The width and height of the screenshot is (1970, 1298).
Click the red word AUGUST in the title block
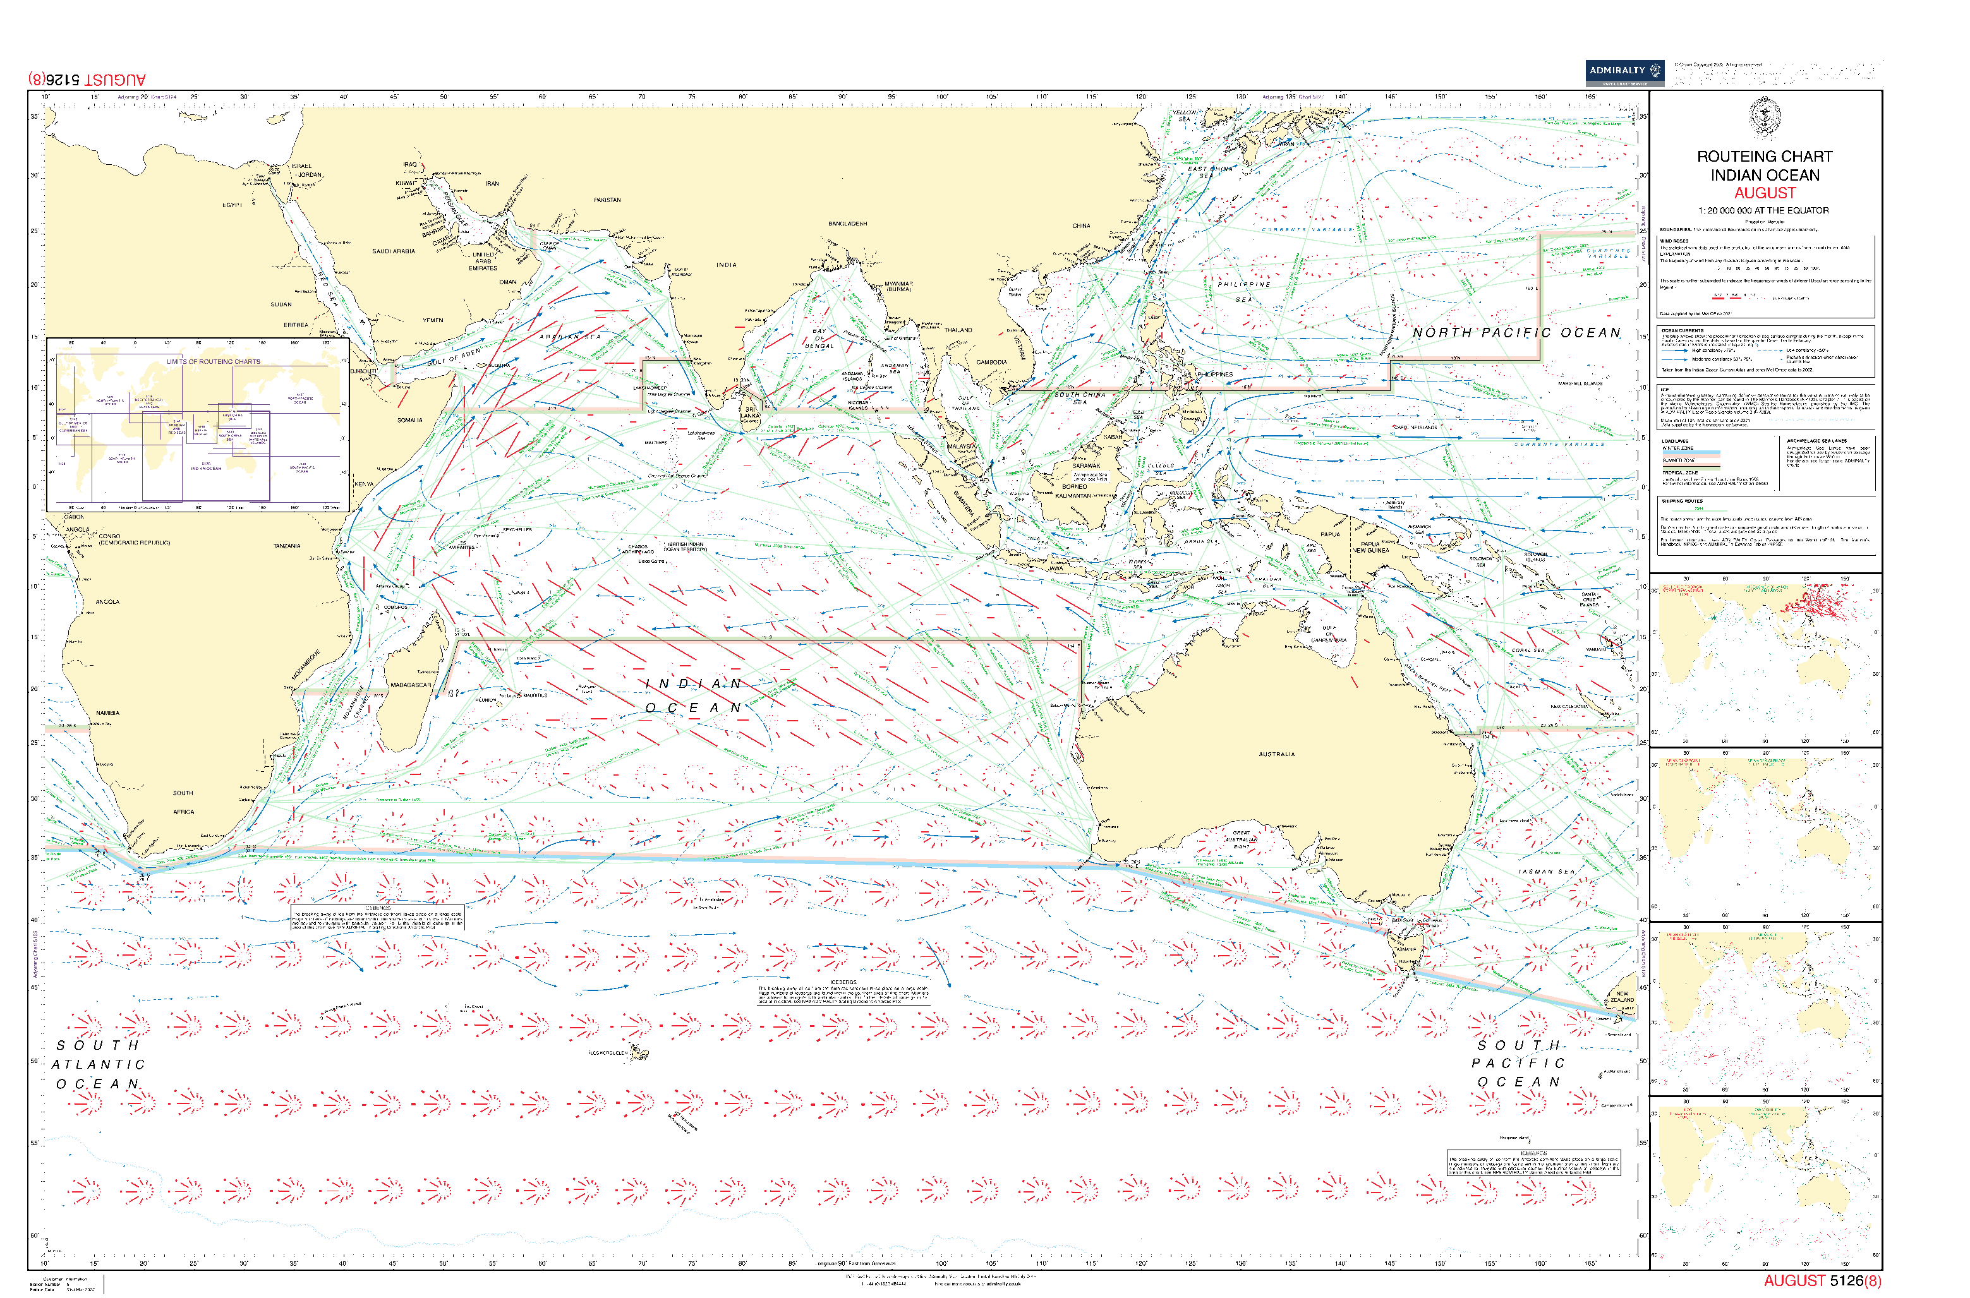click(x=1765, y=193)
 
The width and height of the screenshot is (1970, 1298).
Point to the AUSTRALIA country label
click(x=1276, y=754)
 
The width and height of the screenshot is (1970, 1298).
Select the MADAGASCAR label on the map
click(x=410, y=685)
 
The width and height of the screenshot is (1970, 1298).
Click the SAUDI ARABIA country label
click(x=394, y=251)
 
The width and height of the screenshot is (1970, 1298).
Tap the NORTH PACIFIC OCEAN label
click(x=1516, y=333)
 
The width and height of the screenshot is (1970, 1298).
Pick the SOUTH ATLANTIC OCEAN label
click(x=98, y=1064)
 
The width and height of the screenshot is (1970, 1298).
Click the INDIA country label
click(x=726, y=265)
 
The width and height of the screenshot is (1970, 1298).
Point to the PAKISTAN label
click(x=607, y=200)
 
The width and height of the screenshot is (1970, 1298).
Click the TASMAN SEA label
click(x=1546, y=872)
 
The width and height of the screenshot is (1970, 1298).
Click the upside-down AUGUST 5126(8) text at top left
click(x=87, y=80)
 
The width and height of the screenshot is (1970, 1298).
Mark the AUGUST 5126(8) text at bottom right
click(x=1822, y=1280)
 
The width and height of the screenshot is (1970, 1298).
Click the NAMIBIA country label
click(x=107, y=712)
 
